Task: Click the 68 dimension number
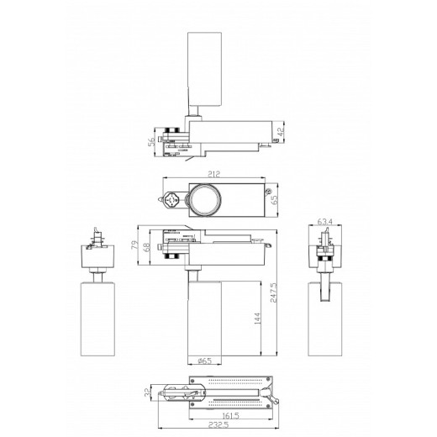pyautogui.click(x=149, y=248)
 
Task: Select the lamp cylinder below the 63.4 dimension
pyautogui.click(x=326, y=318)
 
